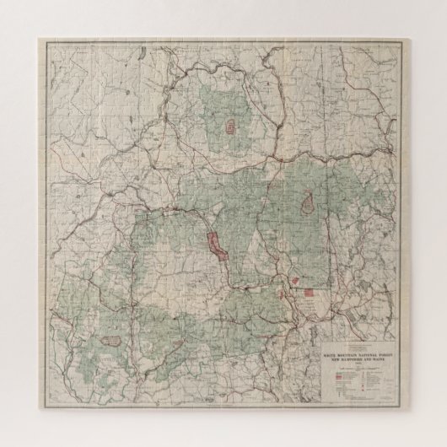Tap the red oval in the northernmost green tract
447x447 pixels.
(229, 128)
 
